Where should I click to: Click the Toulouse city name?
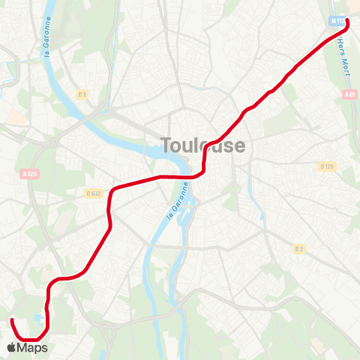202,145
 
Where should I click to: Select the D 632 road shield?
93,193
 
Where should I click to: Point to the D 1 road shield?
82,94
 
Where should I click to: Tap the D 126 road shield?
326,166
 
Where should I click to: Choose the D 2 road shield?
298,248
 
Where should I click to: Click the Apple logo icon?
11,347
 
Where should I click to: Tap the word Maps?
33,347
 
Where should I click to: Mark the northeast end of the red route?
347,20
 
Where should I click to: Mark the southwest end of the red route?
11,321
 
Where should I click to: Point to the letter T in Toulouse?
166,145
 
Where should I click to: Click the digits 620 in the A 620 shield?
32,174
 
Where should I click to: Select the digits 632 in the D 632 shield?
95,193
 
